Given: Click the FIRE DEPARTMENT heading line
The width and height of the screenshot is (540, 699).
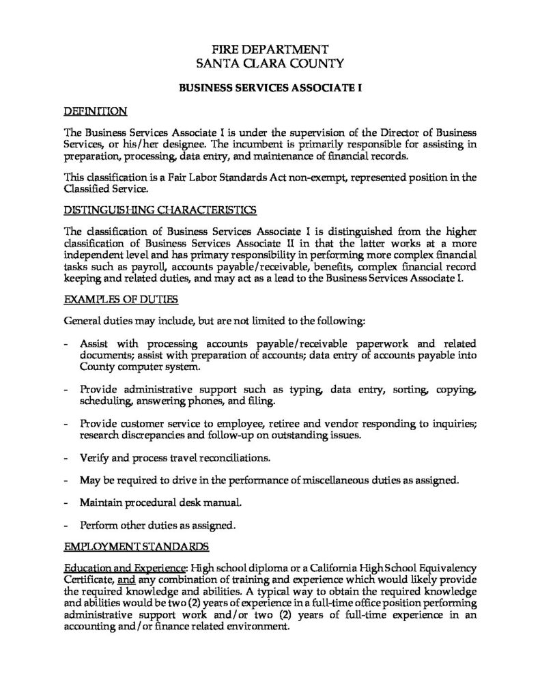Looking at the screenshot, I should pos(270,50).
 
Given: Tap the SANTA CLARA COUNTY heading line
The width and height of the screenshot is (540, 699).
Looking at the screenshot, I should pos(270,64).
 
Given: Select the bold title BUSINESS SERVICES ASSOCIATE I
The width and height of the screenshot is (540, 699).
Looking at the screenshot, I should pos(270,88).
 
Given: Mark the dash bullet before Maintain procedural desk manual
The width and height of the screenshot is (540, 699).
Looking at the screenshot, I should pos(65,503).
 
